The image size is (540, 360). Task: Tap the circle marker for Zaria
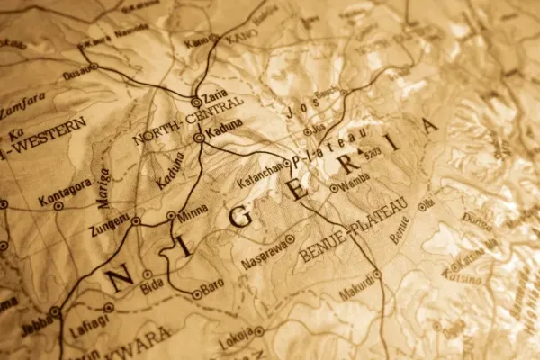click(x=196, y=102)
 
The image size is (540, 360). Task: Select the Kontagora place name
click(x=66, y=190)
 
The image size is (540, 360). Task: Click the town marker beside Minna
click(x=171, y=216)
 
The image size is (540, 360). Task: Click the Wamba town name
click(x=355, y=188)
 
